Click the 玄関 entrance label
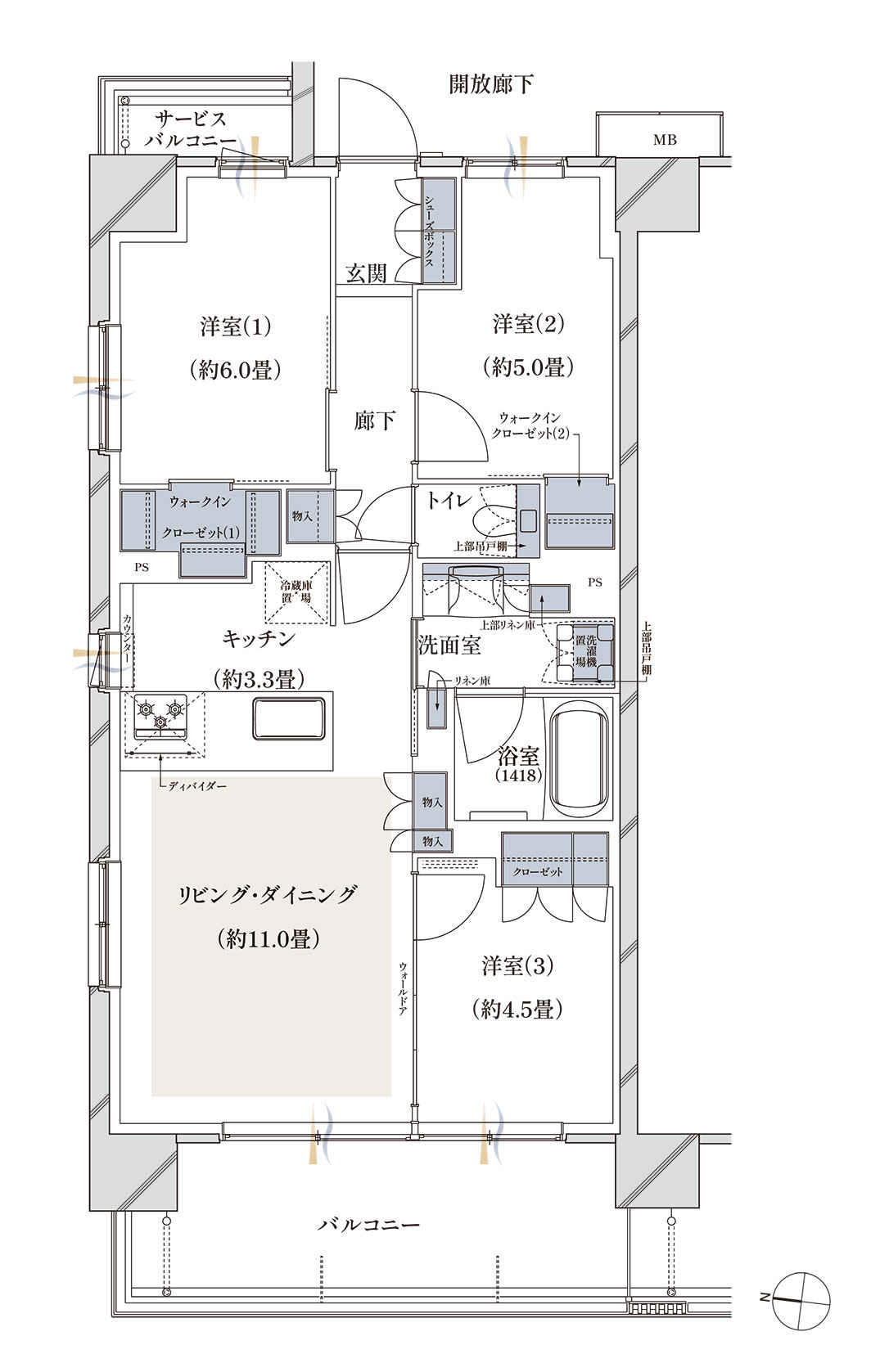(x=366, y=273)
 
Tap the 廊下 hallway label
(x=374, y=421)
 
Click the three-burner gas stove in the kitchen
(x=160, y=717)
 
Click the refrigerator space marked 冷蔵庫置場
(x=296, y=592)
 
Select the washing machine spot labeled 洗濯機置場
(x=585, y=652)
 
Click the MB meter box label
(x=665, y=140)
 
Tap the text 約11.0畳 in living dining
(x=268, y=939)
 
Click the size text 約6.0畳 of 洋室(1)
(x=235, y=369)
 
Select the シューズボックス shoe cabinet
(x=439, y=230)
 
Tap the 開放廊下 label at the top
(x=491, y=83)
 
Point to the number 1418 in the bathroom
(x=519, y=776)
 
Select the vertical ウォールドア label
(x=403, y=989)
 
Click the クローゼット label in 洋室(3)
(x=538, y=871)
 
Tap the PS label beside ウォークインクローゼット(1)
(x=142, y=567)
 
